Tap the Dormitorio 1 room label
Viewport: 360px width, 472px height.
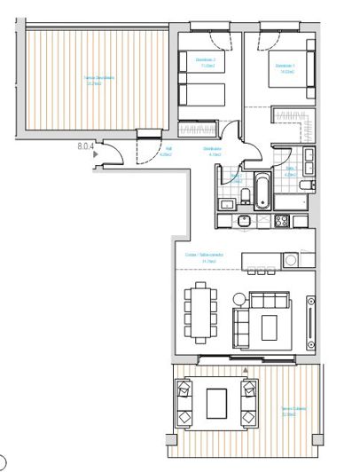[x=284, y=66]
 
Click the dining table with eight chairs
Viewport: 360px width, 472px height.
[x=201, y=311]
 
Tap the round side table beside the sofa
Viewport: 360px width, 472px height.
[x=239, y=296]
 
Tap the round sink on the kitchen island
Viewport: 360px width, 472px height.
[x=291, y=260]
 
